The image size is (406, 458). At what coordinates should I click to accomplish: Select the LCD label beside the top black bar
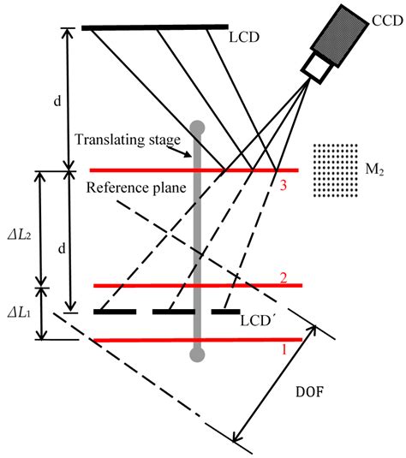pos(245,38)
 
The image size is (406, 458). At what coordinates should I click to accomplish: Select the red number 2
pos(284,277)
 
